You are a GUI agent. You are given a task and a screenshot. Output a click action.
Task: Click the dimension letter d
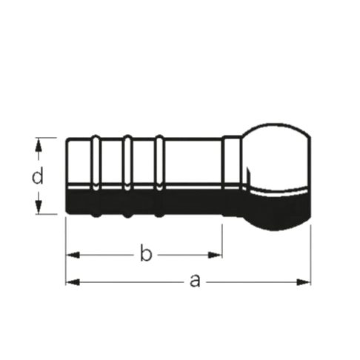(x=38, y=176)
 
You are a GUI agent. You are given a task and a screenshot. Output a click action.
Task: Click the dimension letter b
(x=146, y=253)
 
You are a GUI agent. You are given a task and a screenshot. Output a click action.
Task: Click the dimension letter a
(x=195, y=281)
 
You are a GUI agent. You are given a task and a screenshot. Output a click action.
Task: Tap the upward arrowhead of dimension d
(x=38, y=146)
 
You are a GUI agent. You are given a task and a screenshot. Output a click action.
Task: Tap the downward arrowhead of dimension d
(x=38, y=207)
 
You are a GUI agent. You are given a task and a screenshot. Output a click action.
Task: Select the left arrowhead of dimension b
(x=73, y=255)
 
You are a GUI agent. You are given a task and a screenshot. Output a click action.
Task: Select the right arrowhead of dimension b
(x=215, y=255)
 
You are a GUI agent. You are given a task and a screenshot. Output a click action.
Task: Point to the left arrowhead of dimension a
(x=73, y=282)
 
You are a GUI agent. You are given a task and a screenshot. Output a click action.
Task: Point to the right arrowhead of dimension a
(x=304, y=282)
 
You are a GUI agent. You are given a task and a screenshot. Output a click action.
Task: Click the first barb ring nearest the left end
(x=96, y=176)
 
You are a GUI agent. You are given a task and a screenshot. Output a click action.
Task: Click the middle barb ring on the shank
(x=127, y=176)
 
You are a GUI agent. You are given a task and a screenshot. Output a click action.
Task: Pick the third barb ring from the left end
(x=159, y=176)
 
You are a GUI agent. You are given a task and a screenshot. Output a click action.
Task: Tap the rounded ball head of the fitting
(x=276, y=176)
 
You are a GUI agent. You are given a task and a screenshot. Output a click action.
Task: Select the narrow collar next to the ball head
(x=232, y=176)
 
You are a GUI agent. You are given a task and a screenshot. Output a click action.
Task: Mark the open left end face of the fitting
(x=67, y=176)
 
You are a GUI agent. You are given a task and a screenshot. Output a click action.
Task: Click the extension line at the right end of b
(x=222, y=241)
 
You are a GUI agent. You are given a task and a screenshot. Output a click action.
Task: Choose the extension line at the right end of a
(x=310, y=255)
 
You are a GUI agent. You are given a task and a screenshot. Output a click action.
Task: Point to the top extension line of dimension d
(x=46, y=138)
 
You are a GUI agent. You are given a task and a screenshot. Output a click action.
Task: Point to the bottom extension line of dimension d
(x=46, y=214)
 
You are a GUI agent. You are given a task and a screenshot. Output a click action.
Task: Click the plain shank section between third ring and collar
(x=193, y=176)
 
